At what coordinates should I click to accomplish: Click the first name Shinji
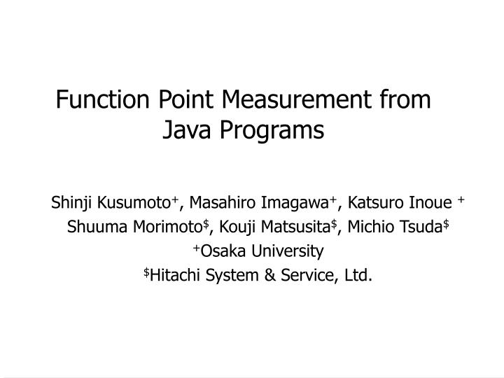click(73, 204)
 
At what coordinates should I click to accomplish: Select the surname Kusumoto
click(134, 204)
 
